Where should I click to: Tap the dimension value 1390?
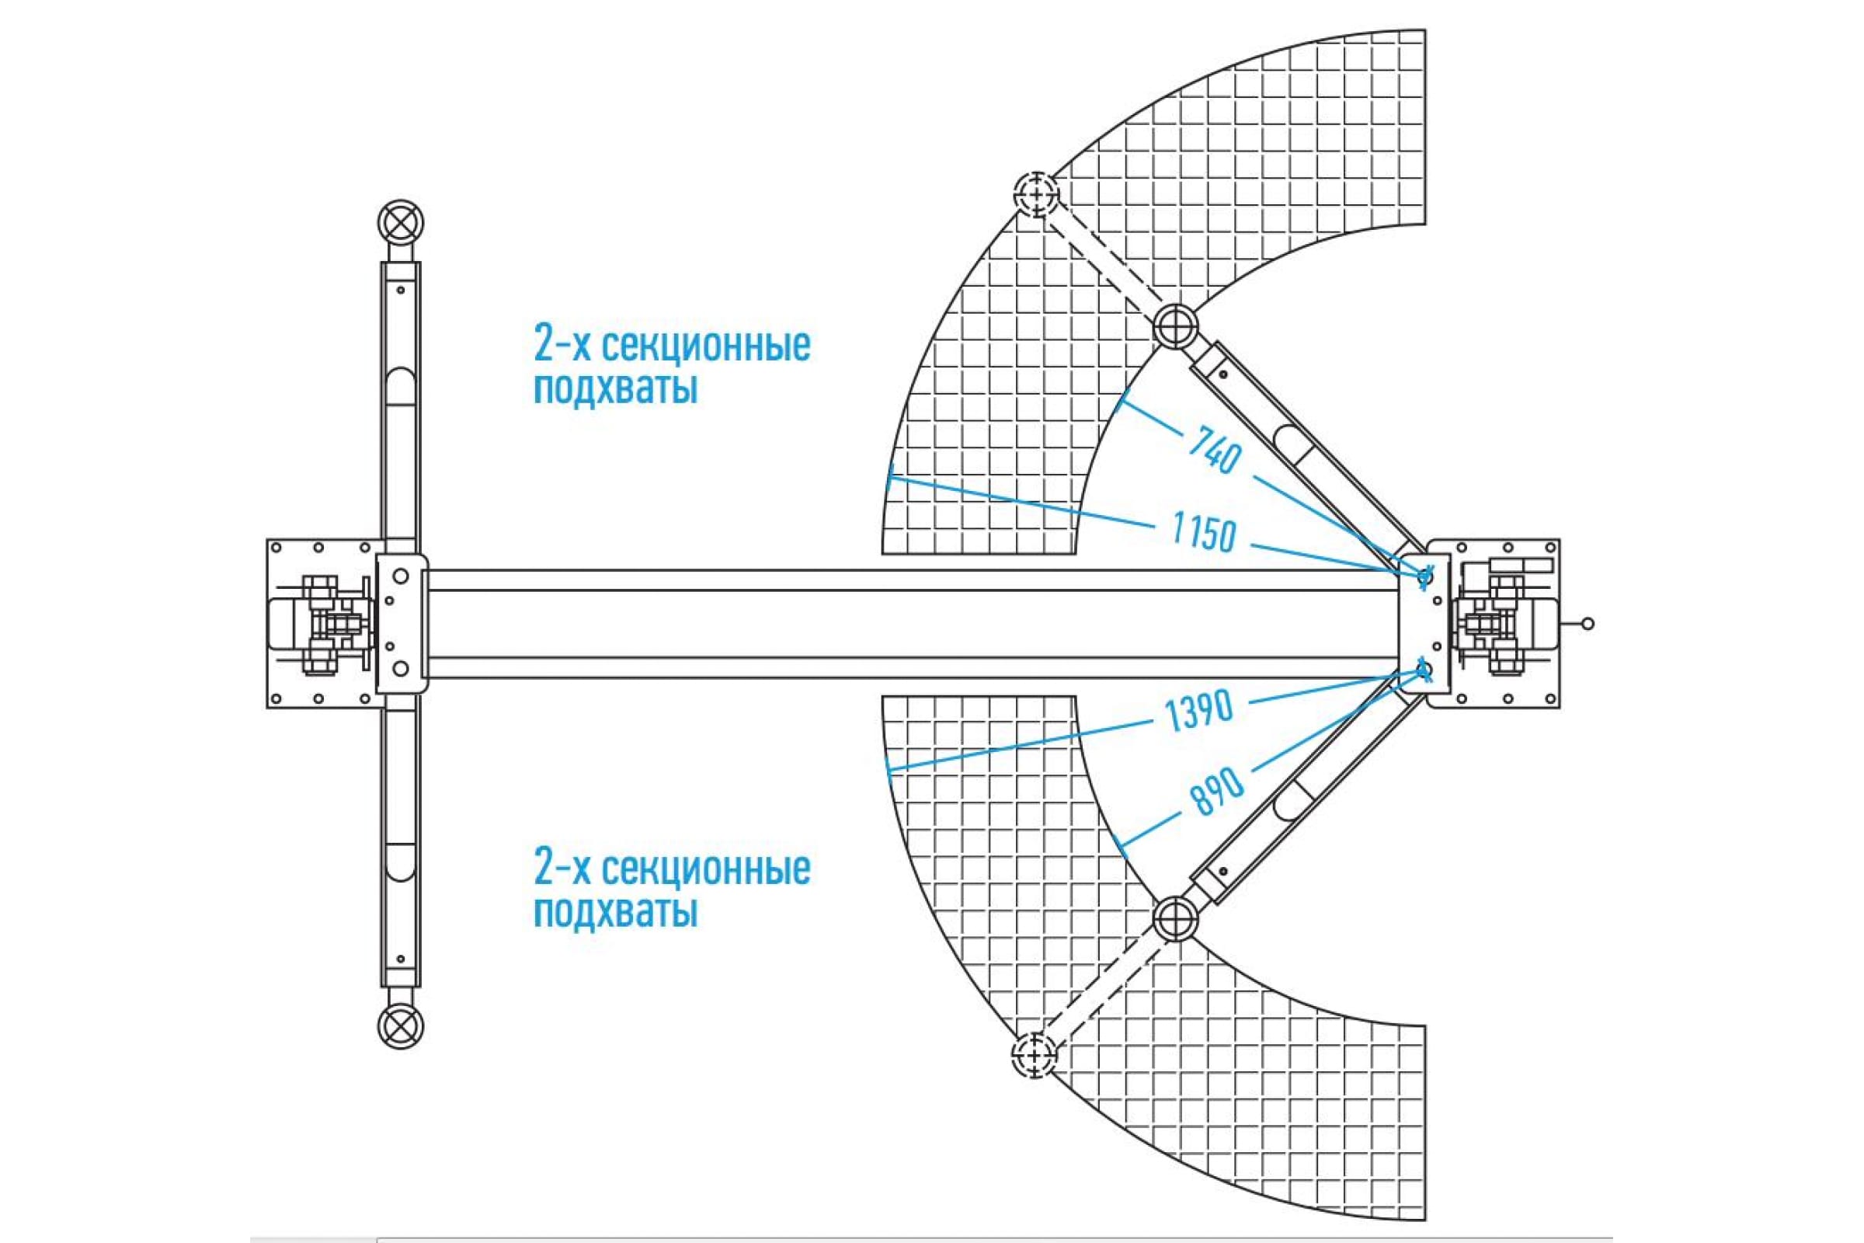pos(1199,709)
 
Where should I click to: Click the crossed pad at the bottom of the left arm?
pos(401,1026)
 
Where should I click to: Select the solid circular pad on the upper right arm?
pos(1174,325)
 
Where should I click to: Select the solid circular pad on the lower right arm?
pos(1175,918)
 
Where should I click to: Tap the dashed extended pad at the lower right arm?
pos(1035,1055)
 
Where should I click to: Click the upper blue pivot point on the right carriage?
pos(1424,576)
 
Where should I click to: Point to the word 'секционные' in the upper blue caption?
pos(706,346)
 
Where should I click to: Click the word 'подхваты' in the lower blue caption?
pos(616,912)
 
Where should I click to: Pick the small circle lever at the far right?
pos(1588,624)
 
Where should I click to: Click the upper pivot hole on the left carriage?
pos(400,576)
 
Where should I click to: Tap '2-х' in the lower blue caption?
pos(562,869)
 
